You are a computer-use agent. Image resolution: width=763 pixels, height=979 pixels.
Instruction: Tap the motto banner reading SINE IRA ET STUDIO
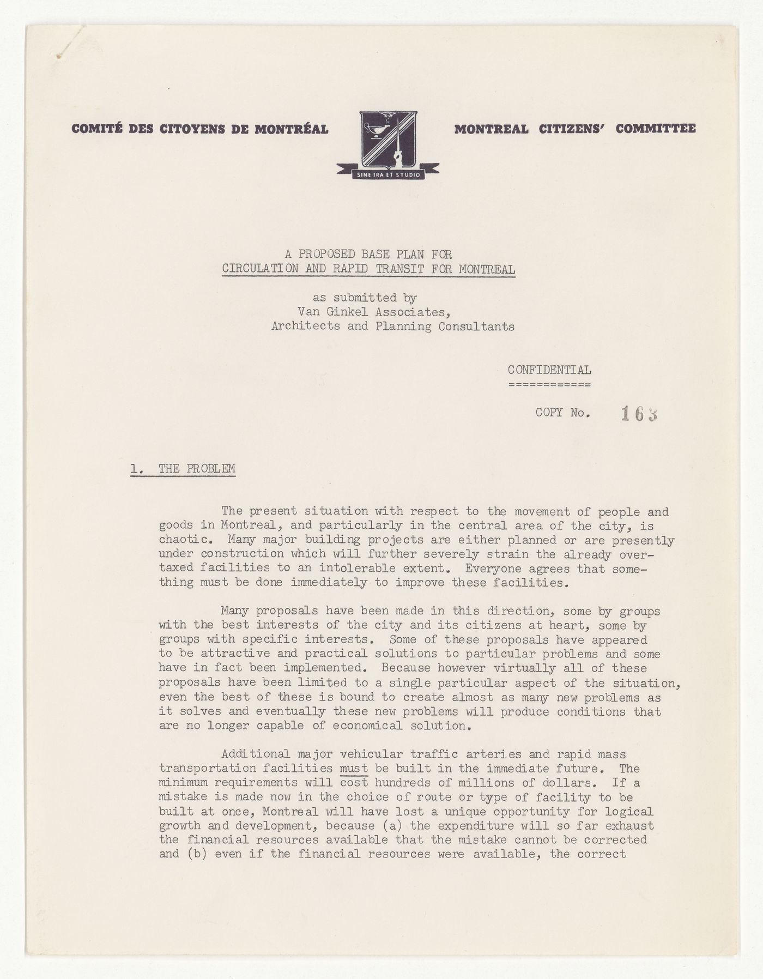pyautogui.click(x=388, y=175)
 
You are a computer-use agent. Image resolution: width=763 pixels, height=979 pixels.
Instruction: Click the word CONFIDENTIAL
pyautogui.click(x=549, y=370)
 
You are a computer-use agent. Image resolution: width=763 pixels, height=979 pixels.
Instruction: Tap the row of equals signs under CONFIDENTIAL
pyautogui.click(x=549, y=385)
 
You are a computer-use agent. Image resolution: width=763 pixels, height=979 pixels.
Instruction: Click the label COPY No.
pyautogui.click(x=562, y=413)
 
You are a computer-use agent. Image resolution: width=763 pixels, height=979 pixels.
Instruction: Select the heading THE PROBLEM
pyautogui.click(x=197, y=469)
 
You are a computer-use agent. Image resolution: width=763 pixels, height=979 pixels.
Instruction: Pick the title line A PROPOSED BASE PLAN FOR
pyautogui.click(x=368, y=254)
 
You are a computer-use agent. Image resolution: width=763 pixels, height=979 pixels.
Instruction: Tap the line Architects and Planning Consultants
pyautogui.click(x=393, y=327)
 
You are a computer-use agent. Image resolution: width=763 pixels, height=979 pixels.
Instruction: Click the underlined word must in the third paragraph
pyautogui.click(x=354, y=769)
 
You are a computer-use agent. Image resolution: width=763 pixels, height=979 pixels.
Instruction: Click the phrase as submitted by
pyautogui.click(x=365, y=298)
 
